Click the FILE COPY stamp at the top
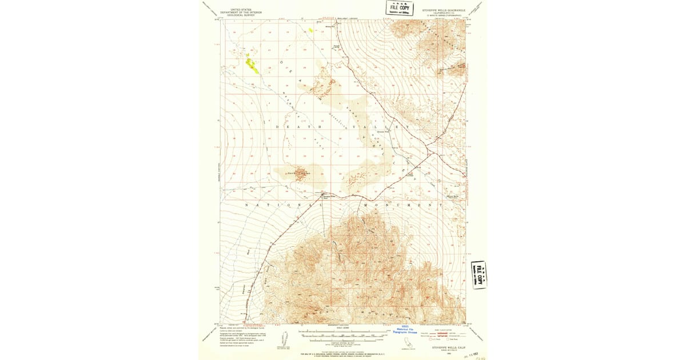pyautogui.click(x=400, y=8)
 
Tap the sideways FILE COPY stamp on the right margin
pyautogui.click(x=478, y=275)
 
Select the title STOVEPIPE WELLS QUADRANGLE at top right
pyautogui.click(x=444, y=10)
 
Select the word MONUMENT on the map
pyautogui.click(x=403, y=205)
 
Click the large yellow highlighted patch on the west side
pyautogui.click(x=252, y=65)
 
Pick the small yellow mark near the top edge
pyautogui.click(x=311, y=30)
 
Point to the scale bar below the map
pyautogui.click(x=342, y=333)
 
